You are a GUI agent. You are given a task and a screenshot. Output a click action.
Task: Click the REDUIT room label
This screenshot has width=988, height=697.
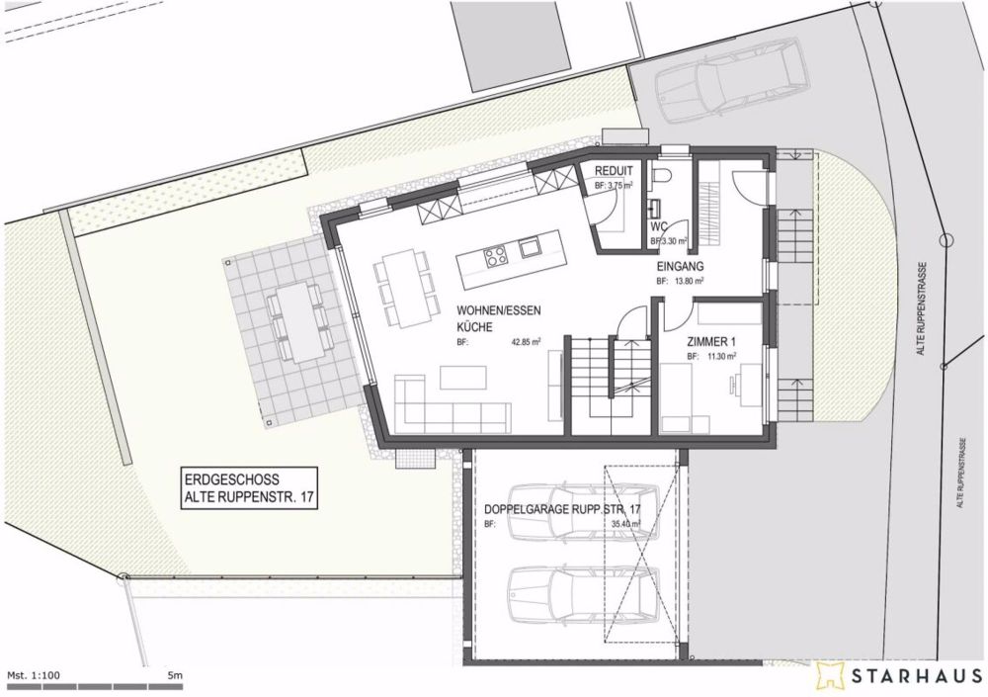tap(614, 171)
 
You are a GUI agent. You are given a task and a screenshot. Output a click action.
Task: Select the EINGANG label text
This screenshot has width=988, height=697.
tap(680, 267)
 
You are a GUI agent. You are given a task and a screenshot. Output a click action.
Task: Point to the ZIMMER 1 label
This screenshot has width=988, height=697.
tap(712, 342)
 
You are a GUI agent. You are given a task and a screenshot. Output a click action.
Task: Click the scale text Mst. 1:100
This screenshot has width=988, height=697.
tap(35, 674)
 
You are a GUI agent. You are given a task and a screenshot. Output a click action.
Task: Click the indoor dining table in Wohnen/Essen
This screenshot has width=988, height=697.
tap(403, 284)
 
